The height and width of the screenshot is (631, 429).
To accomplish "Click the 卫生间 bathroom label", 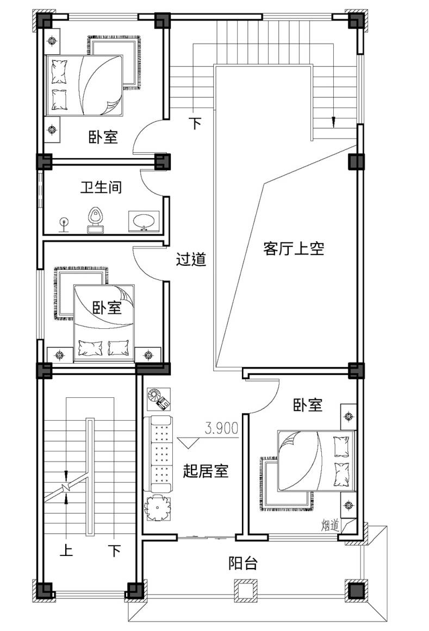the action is (x=101, y=187).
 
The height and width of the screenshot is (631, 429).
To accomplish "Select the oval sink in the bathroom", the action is (x=143, y=221).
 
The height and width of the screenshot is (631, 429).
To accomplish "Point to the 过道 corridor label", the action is (x=191, y=259).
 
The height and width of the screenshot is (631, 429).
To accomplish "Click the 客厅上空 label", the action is (x=294, y=248).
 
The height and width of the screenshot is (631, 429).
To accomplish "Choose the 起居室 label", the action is (x=206, y=471).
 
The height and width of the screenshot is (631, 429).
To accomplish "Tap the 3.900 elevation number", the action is (x=222, y=428).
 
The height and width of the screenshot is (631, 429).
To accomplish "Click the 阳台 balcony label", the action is (x=243, y=563).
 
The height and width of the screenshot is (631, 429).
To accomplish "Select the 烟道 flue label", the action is (x=331, y=525).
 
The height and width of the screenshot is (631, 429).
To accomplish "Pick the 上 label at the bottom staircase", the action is (x=66, y=550).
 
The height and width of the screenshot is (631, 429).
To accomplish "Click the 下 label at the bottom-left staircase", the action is (x=115, y=550).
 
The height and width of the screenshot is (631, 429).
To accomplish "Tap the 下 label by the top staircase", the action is (x=195, y=123).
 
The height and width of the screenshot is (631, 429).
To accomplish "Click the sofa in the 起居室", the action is (x=158, y=454).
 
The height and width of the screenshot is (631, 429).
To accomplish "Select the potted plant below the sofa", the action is (x=157, y=509).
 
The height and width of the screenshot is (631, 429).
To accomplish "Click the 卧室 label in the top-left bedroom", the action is (x=103, y=137).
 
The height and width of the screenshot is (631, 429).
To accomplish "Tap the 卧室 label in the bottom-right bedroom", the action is (x=308, y=405).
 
